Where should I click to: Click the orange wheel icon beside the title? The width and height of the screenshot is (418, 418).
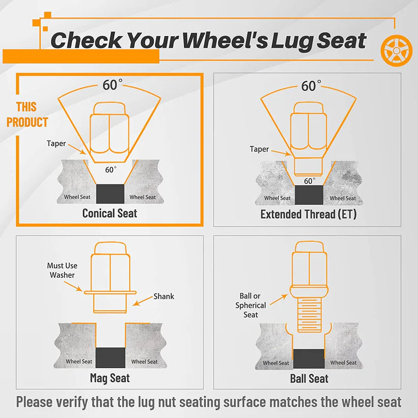(396, 50)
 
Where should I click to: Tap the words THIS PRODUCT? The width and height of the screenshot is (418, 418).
(27, 115)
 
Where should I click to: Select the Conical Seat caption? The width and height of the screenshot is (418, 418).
(110, 213)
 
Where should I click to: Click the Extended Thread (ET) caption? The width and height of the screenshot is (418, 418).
(308, 214)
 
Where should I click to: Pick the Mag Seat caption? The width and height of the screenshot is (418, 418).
(110, 378)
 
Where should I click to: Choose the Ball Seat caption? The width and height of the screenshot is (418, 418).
(309, 378)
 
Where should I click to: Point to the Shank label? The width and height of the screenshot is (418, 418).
(164, 297)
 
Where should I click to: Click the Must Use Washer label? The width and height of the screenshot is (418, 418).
(62, 270)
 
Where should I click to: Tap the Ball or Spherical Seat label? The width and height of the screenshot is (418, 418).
(250, 305)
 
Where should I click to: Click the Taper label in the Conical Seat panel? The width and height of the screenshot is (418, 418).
(56, 143)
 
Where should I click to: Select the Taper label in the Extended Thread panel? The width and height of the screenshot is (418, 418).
(259, 149)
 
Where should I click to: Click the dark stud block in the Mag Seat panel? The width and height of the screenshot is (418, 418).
(110, 358)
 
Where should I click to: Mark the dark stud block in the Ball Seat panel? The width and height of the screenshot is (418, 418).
(309, 359)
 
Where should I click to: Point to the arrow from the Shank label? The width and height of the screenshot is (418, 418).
(143, 301)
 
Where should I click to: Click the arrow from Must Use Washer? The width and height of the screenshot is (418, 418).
(73, 286)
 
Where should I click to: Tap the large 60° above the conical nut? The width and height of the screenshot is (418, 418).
(112, 84)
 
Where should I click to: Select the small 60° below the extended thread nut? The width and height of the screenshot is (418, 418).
(309, 181)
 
